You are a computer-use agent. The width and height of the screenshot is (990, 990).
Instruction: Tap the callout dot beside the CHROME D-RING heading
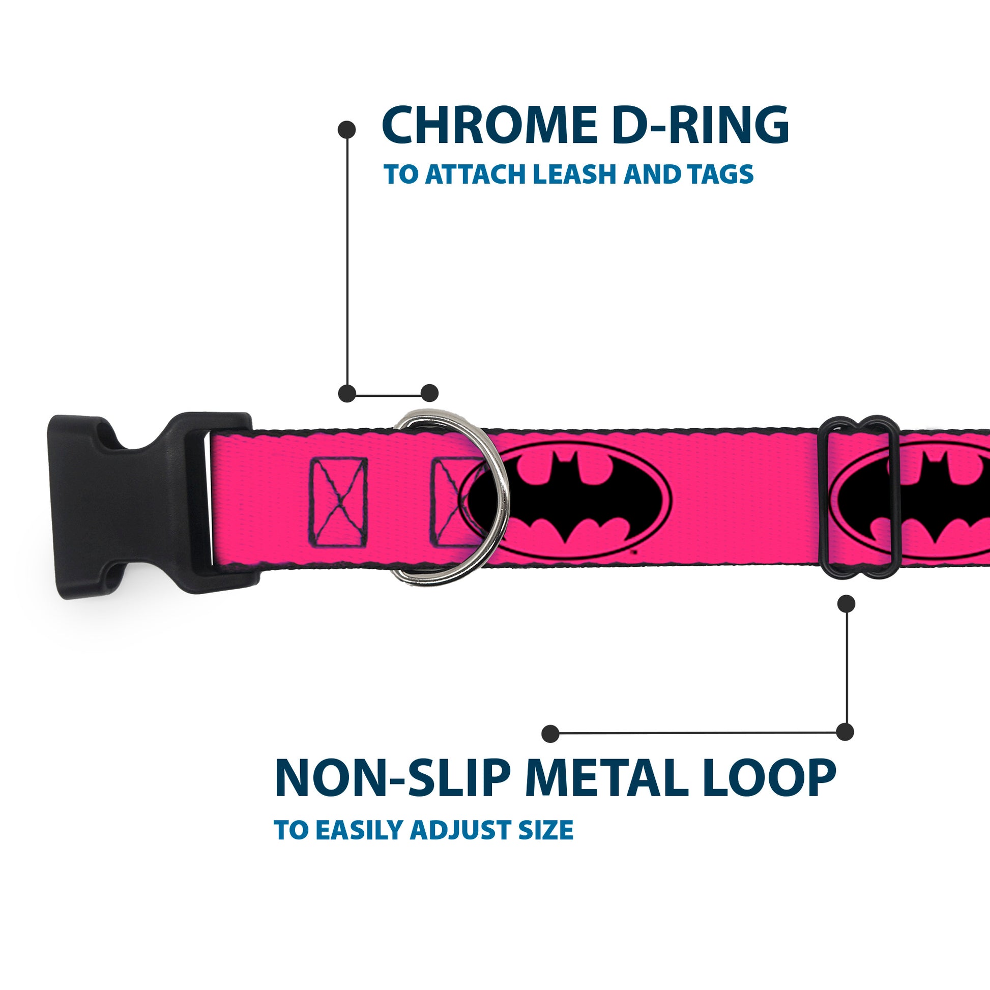[x=347, y=130]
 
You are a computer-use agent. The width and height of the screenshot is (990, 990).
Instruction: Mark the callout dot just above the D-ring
[x=429, y=393]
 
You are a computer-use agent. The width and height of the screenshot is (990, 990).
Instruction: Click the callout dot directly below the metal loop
[x=846, y=604]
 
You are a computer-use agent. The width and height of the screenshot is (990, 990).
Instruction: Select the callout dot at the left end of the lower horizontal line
[x=550, y=733]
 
